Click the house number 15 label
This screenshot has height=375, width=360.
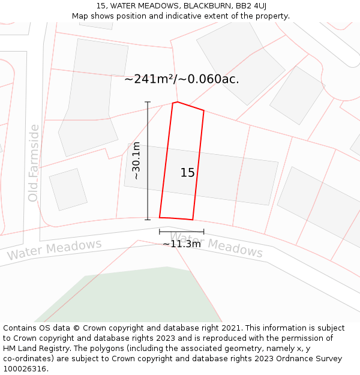(187, 173)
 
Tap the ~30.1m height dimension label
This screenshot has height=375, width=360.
(136, 161)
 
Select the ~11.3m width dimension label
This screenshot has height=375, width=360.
(182, 244)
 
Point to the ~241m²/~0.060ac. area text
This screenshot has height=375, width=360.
(182, 79)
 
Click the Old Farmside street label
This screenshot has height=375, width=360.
(33, 163)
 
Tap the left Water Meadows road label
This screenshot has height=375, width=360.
(54, 250)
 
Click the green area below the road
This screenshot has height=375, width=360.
(138, 297)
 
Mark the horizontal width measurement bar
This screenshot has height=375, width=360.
(181, 231)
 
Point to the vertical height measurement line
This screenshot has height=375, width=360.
(148, 161)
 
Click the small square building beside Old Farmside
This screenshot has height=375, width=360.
(68, 189)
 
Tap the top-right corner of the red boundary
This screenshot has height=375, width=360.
(204, 111)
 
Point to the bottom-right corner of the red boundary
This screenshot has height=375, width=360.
(193, 220)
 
